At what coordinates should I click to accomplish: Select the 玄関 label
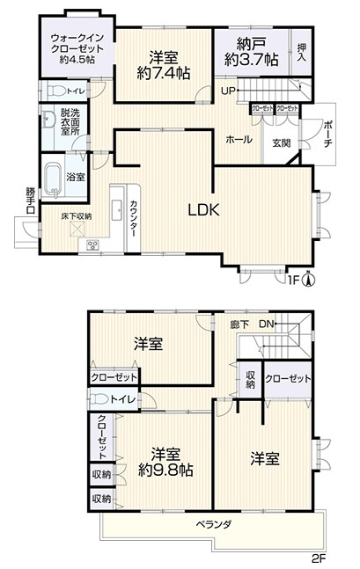click(x=281, y=142)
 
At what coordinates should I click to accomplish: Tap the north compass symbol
click(x=308, y=281)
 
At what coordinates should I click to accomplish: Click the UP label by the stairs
click(x=228, y=91)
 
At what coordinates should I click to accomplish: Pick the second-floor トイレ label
click(x=123, y=400)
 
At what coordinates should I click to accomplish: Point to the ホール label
click(x=239, y=140)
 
